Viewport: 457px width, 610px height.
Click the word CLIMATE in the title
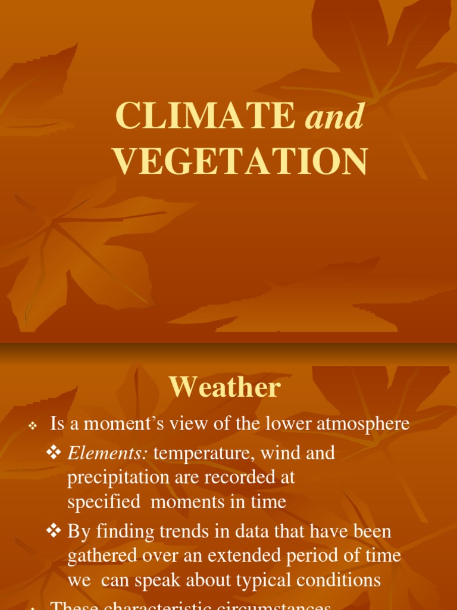(205, 116)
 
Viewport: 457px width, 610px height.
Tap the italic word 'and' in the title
(334, 117)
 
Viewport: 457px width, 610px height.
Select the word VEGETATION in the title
(240, 161)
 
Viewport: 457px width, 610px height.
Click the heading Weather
(224, 388)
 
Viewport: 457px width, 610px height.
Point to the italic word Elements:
(108, 453)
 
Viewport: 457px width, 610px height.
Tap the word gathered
(101, 556)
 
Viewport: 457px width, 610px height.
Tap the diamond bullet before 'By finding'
(54, 531)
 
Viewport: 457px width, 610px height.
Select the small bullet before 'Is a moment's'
(33, 426)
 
